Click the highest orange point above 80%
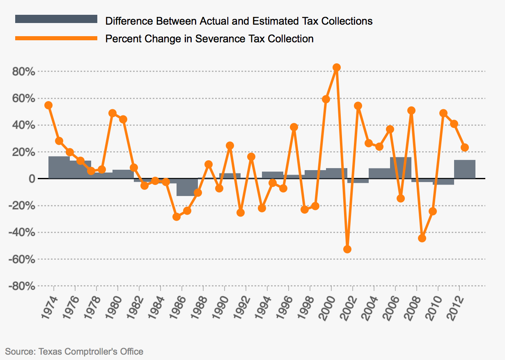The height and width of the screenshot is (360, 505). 337,67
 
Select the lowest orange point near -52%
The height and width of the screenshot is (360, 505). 347,249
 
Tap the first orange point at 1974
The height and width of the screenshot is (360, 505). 48,105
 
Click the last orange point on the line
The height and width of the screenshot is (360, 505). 465,148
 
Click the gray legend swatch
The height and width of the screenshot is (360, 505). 56,19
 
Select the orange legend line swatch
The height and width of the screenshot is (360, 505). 56,38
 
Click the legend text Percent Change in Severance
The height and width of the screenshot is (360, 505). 209,39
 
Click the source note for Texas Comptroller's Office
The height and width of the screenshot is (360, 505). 74,351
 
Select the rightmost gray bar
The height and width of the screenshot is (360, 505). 465,169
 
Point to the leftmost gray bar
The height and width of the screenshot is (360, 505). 59,168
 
